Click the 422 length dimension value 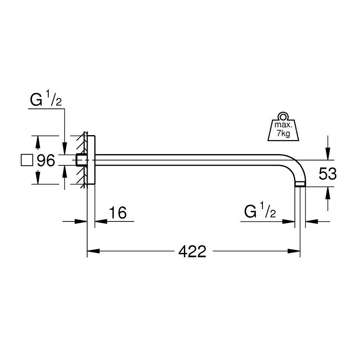[193, 251]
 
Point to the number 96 [46, 161]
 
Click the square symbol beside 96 [27, 161]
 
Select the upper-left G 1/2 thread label [45, 101]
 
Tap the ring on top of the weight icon [283, 116]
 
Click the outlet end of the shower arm [300, 184]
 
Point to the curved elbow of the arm [296, 164]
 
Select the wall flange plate [91, 160]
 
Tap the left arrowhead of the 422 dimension [92, 251]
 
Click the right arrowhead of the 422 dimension [296, 251]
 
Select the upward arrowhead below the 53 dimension [328, 191]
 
